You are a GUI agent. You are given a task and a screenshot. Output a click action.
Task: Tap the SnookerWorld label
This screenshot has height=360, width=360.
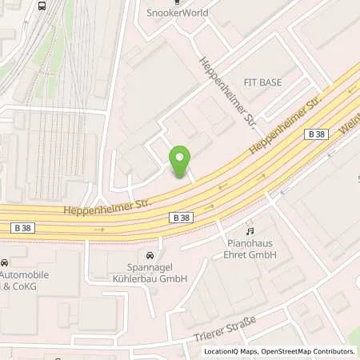tap(178, 13)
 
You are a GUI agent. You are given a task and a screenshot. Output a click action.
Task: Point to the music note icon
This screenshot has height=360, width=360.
tap(250, 230)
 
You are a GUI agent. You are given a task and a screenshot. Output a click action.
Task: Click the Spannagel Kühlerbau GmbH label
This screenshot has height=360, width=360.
tap(156, 273)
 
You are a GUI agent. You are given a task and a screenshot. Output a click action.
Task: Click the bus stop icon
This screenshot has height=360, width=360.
tap(42, 5)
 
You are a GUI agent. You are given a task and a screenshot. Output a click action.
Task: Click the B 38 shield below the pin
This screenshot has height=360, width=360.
tap(182, 217)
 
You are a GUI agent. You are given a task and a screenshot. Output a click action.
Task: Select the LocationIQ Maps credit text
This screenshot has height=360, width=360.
tap(230, 351)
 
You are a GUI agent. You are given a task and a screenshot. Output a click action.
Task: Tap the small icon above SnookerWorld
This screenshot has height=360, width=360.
tap(178, 2)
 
